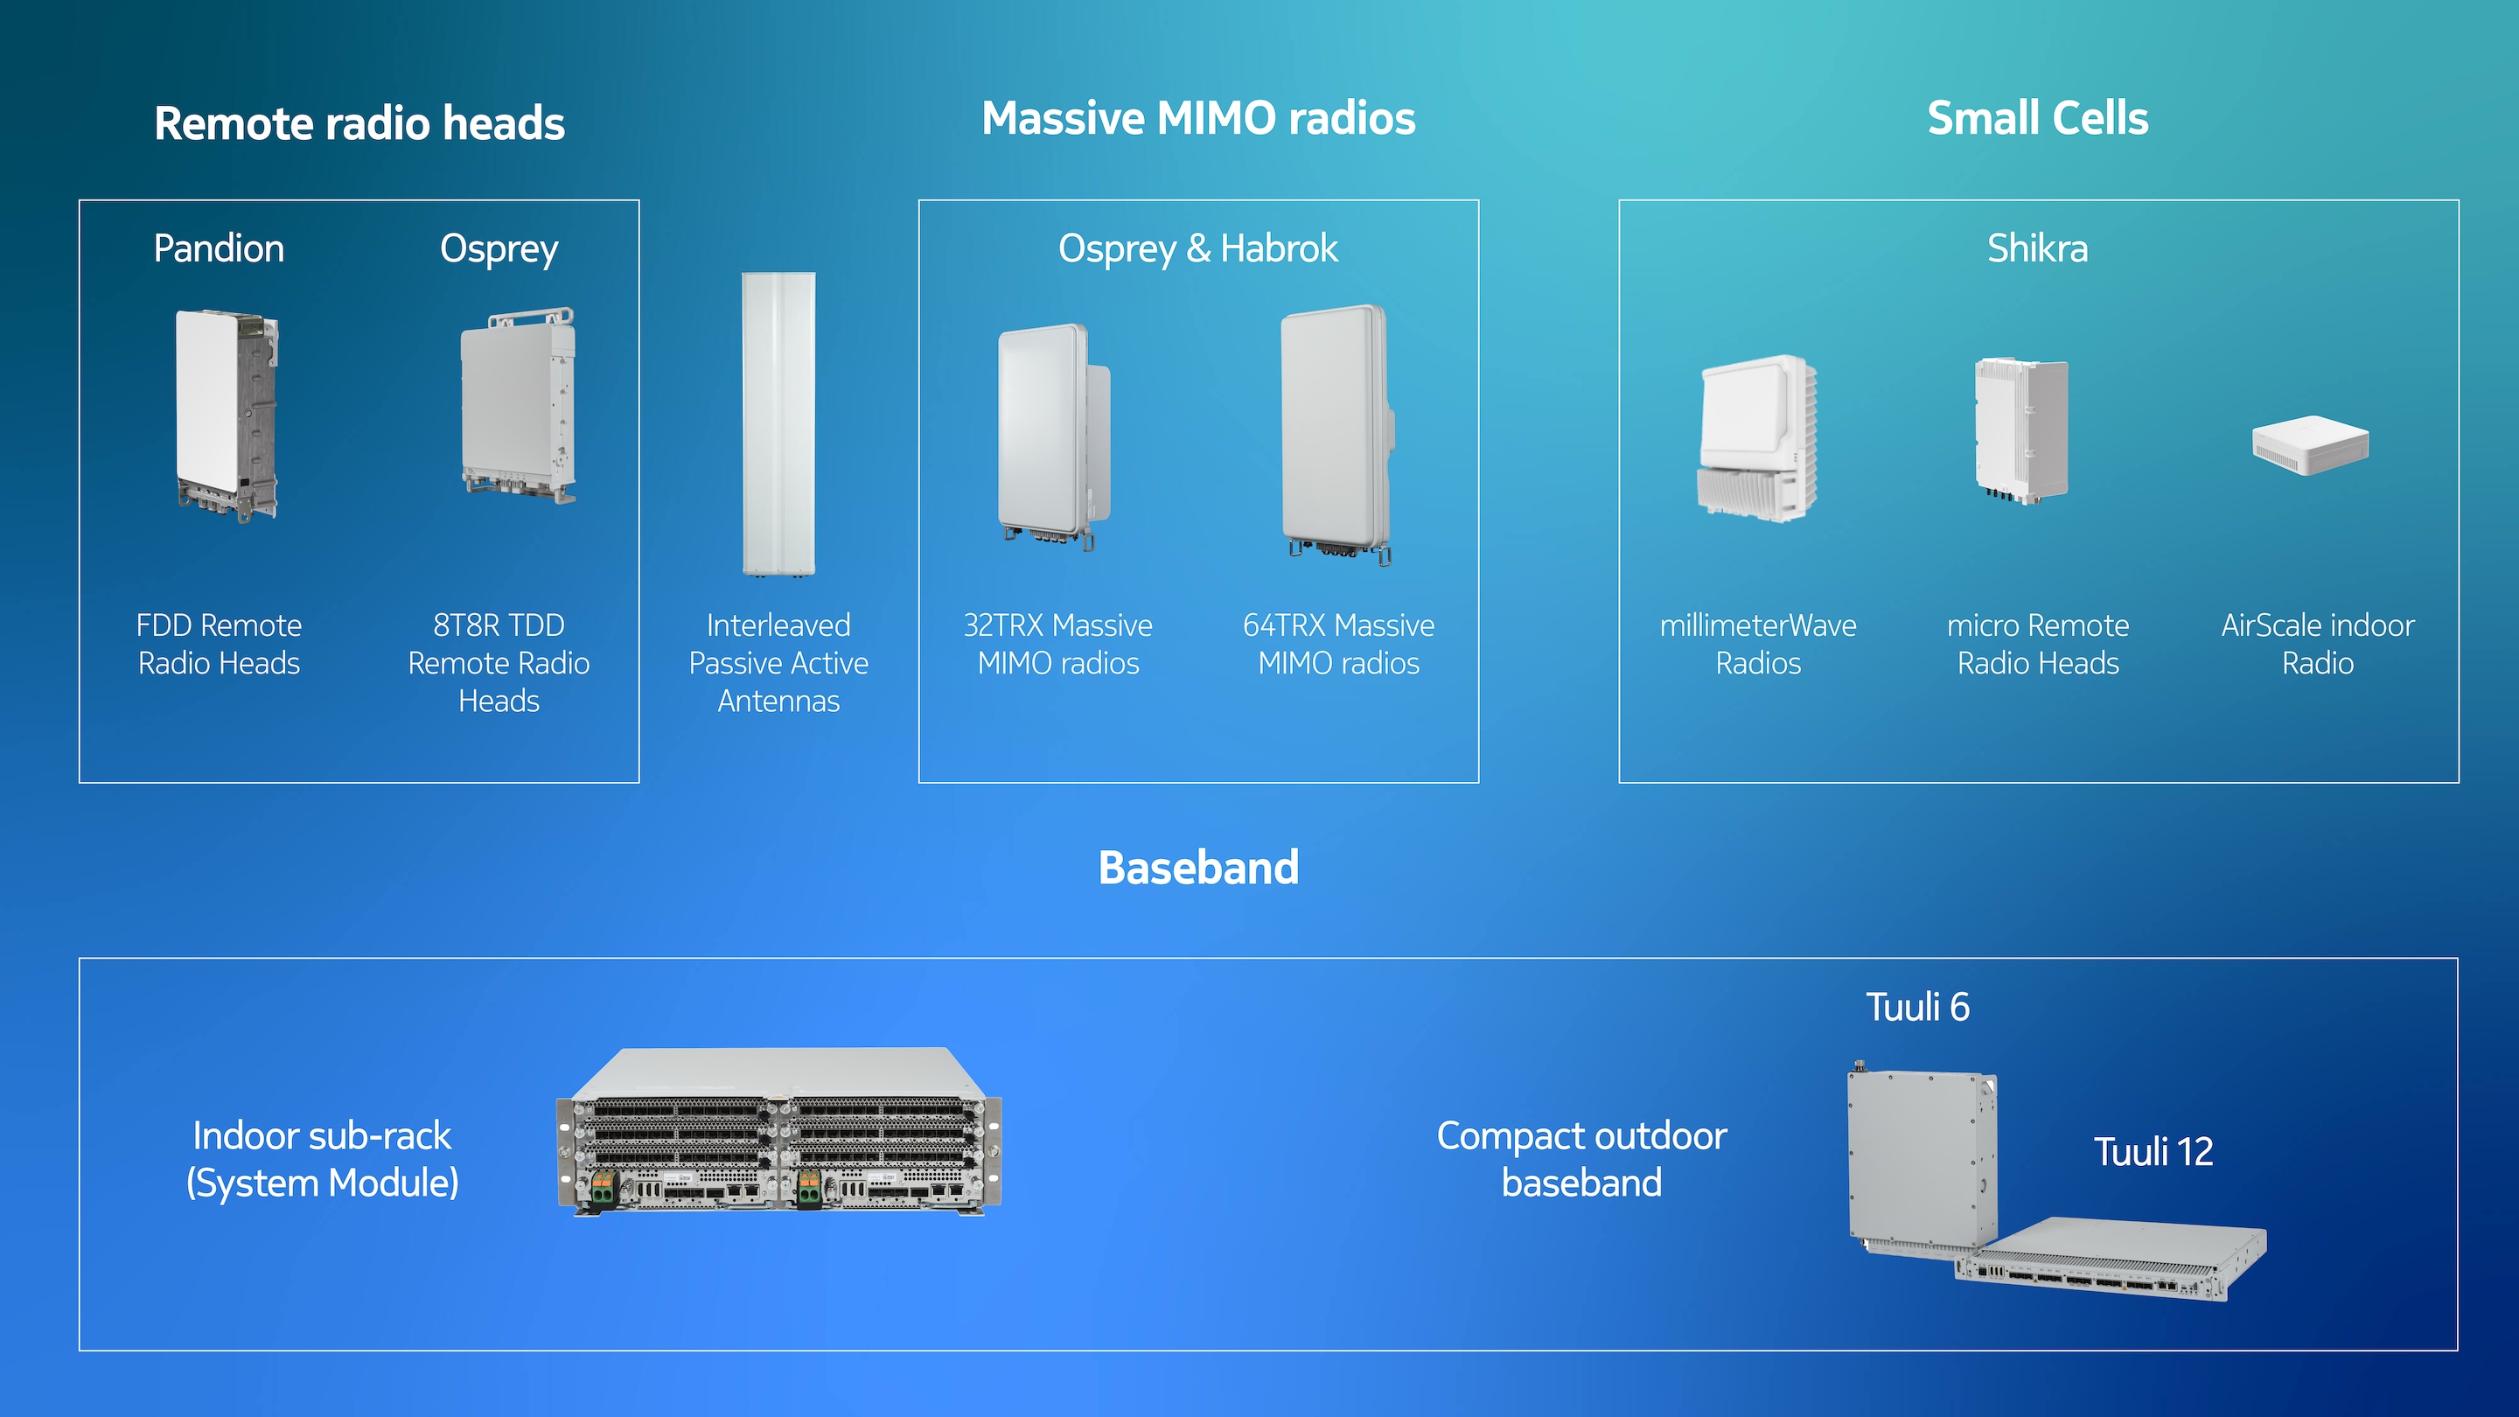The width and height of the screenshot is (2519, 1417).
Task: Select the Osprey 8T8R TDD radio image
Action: coord(519,405)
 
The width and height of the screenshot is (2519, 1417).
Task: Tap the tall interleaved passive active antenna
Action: coord(778,424)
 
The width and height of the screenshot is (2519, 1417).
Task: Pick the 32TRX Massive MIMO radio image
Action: coord(1054,436)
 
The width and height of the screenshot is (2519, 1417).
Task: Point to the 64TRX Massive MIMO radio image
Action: coord(1337,434)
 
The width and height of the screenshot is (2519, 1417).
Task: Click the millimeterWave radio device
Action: coord(1757,436)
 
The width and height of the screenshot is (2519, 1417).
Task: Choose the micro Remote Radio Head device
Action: coord(2021,430)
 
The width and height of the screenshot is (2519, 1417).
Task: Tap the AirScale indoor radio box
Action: coord(2311,446)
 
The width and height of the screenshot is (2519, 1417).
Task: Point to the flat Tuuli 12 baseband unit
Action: coord(2111,1259)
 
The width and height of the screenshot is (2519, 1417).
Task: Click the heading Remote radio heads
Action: coord(359,123)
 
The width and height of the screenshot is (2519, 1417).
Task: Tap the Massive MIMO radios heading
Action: coord(1199,118)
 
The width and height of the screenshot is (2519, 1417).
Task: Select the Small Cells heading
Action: coord(2038,118)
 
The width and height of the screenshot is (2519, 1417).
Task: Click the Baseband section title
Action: coord(1199,868)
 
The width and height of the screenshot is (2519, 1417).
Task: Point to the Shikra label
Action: coord(2038,248)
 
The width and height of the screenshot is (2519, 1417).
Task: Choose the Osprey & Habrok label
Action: coord(1198,249)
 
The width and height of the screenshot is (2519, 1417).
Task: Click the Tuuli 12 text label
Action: coord(2153,1152)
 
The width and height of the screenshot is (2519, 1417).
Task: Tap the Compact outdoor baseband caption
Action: coord(1581,1159)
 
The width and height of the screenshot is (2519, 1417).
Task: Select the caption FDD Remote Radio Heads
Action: coord(219,644)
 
